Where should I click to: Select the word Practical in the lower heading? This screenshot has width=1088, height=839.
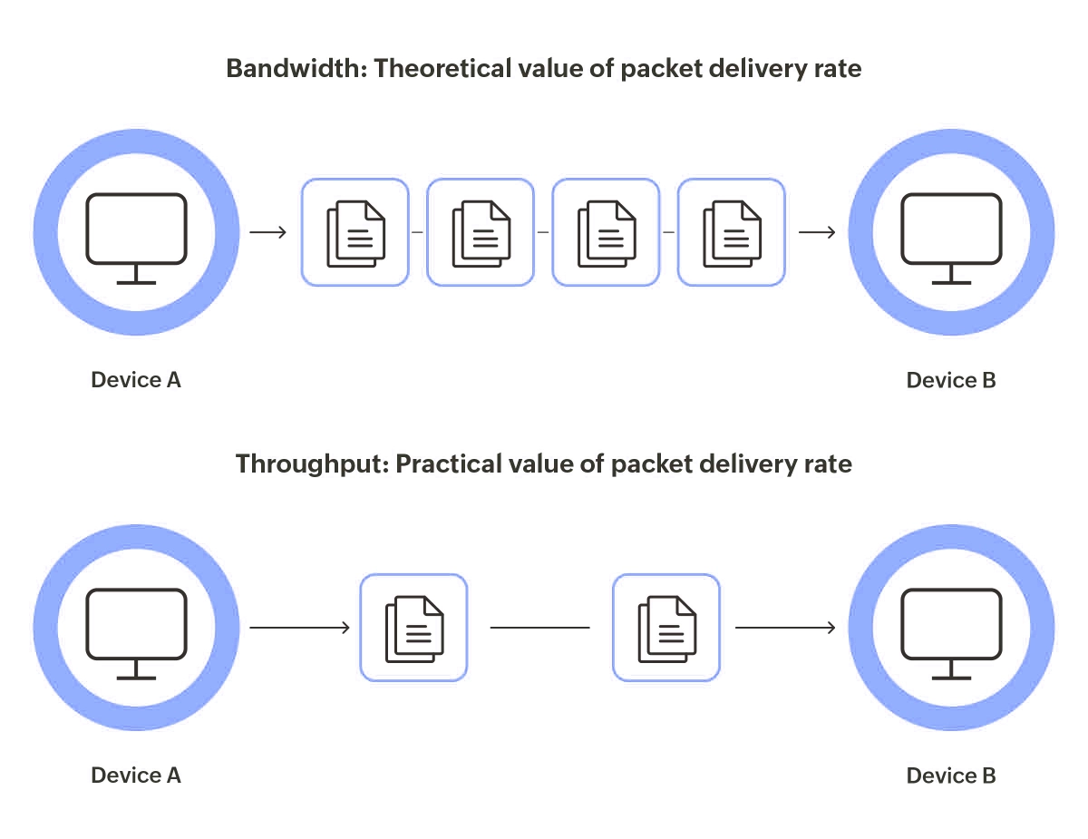[449, 464]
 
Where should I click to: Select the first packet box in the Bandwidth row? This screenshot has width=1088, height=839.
[355, 232]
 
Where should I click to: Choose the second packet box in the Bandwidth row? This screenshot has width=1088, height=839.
[481, 232]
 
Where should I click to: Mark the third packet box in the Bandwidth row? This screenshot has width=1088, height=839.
[606, 232]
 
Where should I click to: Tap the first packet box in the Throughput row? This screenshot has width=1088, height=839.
[413, 628]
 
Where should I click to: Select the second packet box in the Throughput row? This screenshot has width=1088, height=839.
[666, 628]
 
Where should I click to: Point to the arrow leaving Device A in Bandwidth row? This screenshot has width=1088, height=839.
[268, 233]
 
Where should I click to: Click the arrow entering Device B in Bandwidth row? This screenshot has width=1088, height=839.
[817, 233]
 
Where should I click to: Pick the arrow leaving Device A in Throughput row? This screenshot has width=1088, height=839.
[300, 628]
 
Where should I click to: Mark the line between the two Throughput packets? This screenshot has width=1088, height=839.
[539, 628]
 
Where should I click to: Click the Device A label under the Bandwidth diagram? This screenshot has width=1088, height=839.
[136, 380]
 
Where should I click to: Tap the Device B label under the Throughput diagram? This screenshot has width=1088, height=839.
[951, 776]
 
